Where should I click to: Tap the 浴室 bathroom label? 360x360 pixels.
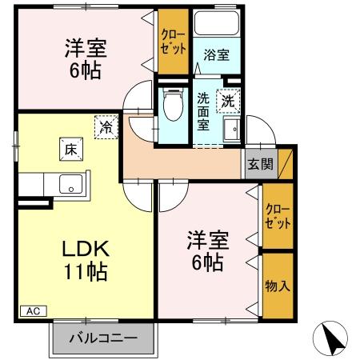(216, 55)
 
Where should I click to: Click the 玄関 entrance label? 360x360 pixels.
(259, 164)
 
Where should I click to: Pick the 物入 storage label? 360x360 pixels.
(277, 286)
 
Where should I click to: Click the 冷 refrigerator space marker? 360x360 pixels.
(105, 126)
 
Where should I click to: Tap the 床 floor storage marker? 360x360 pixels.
(70, 148)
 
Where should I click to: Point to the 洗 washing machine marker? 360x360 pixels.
(229, 102)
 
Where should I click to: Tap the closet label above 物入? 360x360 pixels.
(277, 216)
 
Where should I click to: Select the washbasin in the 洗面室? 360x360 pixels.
(234, 130)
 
